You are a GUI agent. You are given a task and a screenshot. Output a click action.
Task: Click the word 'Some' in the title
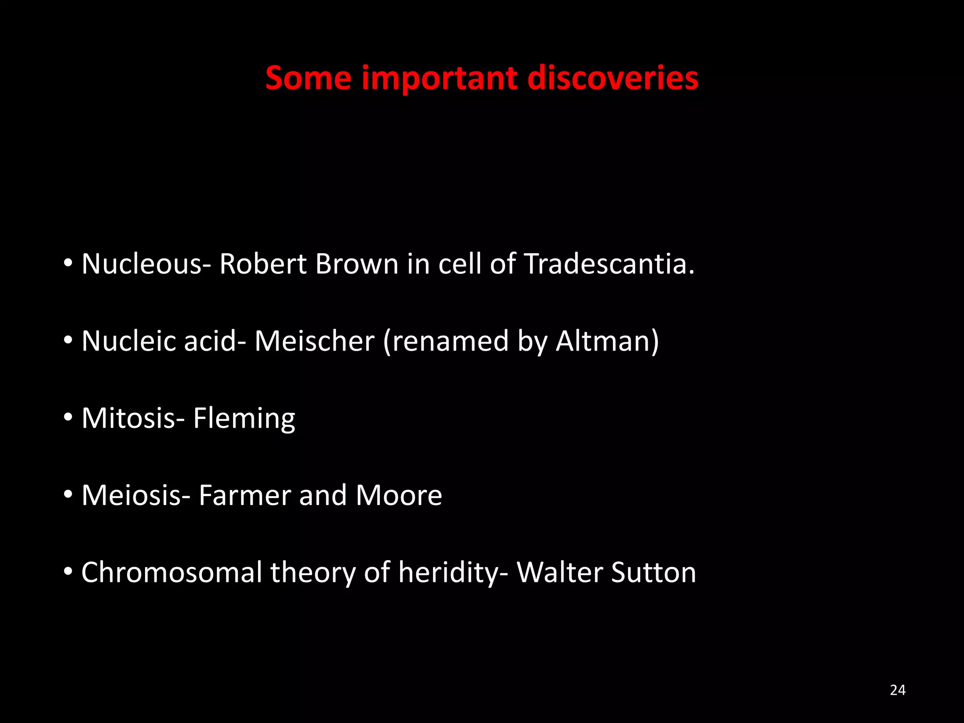pos(308,78)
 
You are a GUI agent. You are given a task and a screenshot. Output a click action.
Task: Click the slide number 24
pos(898,690)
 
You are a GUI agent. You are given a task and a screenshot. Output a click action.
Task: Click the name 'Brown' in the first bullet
pos(357,264)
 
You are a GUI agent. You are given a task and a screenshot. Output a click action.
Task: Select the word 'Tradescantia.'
pos(609,264)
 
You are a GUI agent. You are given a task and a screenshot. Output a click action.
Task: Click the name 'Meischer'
pos(314,341)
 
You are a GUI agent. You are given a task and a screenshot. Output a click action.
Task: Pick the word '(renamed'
pos(446,341)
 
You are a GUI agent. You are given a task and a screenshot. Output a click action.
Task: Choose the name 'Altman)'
pos(607,341)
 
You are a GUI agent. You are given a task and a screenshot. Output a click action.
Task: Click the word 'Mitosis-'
pos(133,418)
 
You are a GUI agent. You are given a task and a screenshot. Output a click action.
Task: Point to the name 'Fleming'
pos(244,418)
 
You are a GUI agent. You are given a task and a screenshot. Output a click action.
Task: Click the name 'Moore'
pos(399,495)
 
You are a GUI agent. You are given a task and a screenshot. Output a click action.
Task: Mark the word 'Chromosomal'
pos(171,572)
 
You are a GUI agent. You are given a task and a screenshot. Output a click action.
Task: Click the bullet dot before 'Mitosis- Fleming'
pos(68,417)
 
